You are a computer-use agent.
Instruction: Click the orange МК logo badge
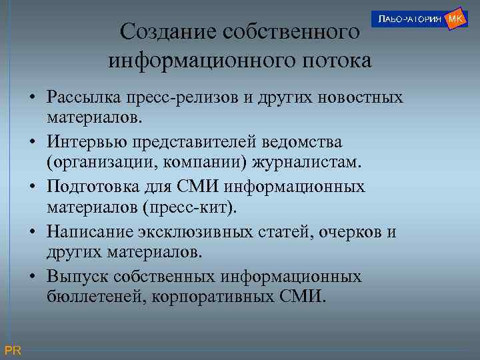(x=455, y=19)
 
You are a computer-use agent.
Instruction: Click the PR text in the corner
(x=13, y=351)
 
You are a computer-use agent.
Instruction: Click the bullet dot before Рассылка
(x=32, y=98)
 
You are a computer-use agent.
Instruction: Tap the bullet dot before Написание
(x=32, y=232)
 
